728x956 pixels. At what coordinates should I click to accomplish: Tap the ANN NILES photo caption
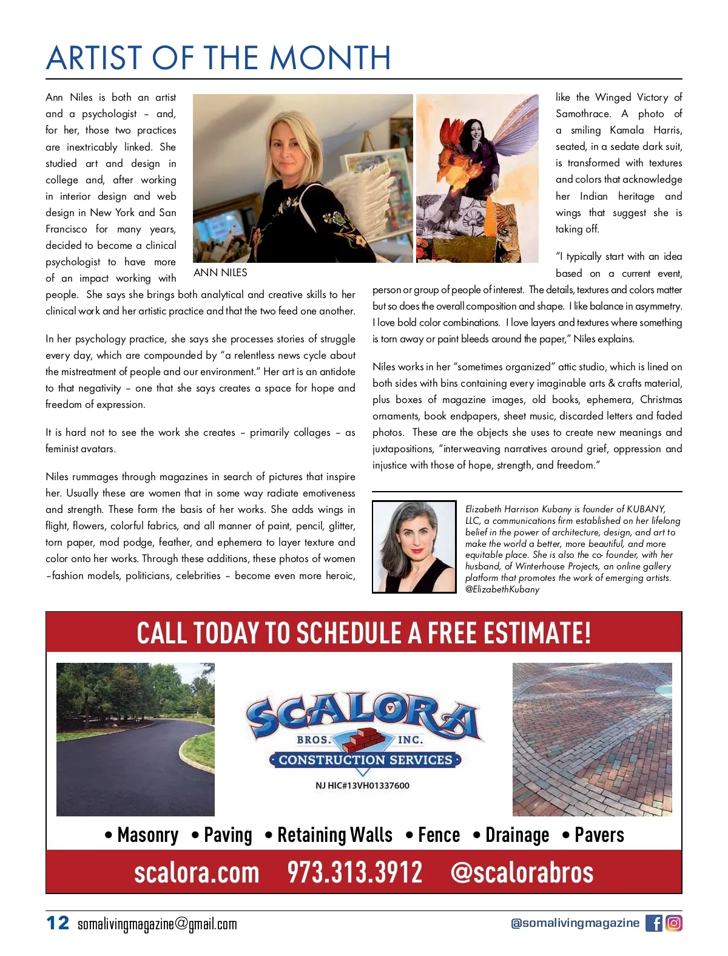[220, 273]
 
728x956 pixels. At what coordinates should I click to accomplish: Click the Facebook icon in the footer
[653, 923]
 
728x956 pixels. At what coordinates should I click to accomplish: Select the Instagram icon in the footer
[674, 923]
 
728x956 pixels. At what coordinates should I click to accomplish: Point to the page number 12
[58, 923]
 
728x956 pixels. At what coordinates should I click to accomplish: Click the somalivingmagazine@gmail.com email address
[157, 924]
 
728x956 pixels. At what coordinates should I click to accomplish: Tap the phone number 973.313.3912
[354, 872]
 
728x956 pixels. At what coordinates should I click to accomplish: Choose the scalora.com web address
[197, 872]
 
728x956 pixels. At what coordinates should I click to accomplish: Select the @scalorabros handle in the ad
[522, 872]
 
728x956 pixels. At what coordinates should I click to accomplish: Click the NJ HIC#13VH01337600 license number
[362, 785]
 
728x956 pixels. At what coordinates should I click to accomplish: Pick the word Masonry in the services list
[148, 835]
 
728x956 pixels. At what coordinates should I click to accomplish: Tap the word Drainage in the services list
[517, 835]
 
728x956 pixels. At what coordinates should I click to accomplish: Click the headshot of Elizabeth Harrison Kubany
[414, 546]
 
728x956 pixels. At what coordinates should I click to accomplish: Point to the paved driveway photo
[135, 739]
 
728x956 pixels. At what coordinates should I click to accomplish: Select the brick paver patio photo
[592, 739]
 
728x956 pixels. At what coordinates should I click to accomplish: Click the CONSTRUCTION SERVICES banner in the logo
[365, 760]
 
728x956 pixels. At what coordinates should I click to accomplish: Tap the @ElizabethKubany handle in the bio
[502, 589]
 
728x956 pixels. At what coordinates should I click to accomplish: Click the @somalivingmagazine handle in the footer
[575, 923]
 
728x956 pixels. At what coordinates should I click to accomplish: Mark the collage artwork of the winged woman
[477, 178]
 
